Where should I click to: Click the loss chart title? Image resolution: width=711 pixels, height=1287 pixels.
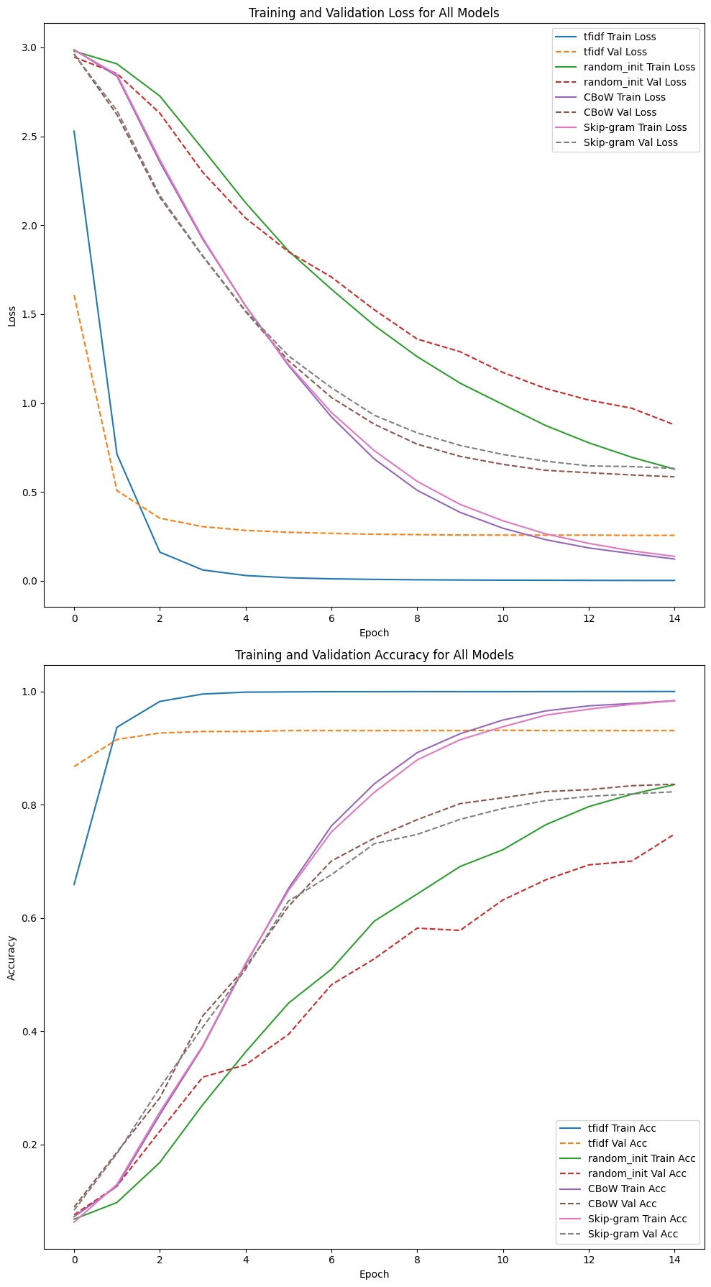[x=374, y=13]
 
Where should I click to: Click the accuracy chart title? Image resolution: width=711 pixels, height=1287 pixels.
[x=374, y=655]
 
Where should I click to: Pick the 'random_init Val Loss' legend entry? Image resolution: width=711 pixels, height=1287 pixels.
[x=635, y=82]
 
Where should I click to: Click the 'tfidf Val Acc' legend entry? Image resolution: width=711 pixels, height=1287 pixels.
[x=617, y=1143]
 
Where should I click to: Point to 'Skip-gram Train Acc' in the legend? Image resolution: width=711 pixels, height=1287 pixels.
[x=637, y=1219]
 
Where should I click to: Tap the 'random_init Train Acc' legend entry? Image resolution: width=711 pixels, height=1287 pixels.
[x=641, y=1158]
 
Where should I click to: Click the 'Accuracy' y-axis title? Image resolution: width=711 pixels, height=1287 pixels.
[x=12, y=957]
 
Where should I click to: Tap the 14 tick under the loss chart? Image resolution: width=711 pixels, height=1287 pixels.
[x=674, y=618]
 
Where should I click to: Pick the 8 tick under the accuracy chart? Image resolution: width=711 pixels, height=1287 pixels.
[x=417, y=1260]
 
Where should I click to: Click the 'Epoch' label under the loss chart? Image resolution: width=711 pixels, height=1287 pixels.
[x=374, y=633]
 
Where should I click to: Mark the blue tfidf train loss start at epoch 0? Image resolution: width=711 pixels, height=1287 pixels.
[x=74, y=132]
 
